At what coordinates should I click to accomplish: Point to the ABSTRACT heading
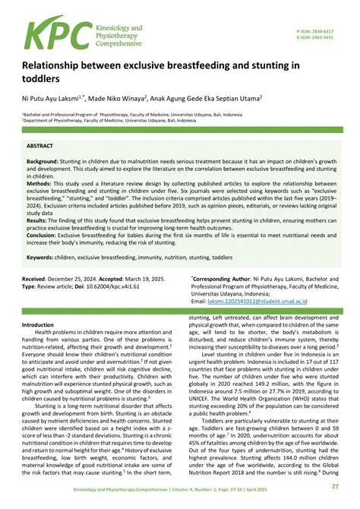click(x=40, y=144)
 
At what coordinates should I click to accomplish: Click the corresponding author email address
click(x=244, y=302)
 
